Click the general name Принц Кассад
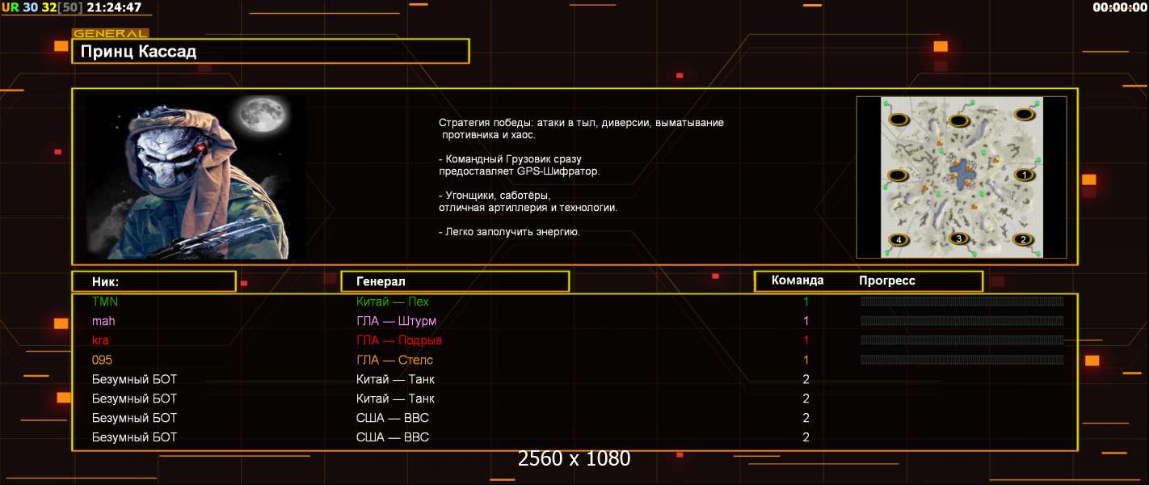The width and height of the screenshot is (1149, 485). pos(138,52)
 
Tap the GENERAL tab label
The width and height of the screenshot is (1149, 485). pos(110,33)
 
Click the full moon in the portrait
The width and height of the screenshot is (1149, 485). pos(263,115)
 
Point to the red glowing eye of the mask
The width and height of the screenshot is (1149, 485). pos(200,148)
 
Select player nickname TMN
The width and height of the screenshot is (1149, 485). pos(105,302)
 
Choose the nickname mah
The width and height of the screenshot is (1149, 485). pos(103,321)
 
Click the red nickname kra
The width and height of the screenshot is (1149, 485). pos(100,340)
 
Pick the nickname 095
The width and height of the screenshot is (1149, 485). pos(102,360)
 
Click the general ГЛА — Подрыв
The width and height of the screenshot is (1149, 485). pos(398,341)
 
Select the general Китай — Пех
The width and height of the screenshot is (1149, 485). pos(392,302)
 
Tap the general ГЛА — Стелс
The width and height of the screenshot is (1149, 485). pos(394,361)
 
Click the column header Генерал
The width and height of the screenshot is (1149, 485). pos(381,281)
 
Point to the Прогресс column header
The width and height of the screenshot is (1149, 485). pos(887,280)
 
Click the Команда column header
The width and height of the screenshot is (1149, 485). pos(798,280)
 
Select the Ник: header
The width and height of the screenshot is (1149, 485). pos(105,282)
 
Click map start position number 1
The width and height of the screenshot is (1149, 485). pos(1025,175)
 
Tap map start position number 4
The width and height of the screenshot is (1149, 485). pos(899,240)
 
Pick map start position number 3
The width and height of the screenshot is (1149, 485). pos(958,238)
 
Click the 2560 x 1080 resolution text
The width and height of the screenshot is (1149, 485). pos(574,458)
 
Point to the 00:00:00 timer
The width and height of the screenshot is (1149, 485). pos(1119,7)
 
